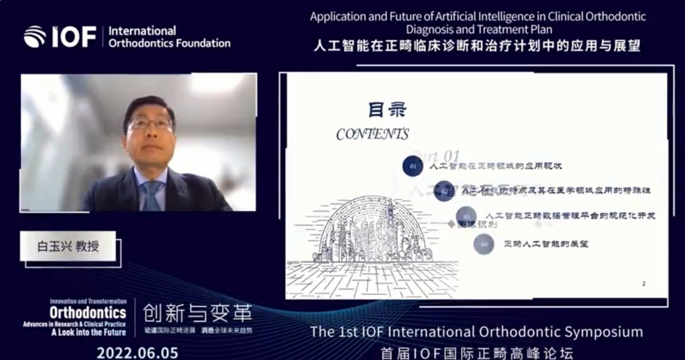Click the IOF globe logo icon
(35, 37)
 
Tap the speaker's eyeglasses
(150, 124)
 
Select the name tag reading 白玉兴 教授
(68, 247)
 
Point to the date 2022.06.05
(138, 352)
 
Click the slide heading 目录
(387, 110)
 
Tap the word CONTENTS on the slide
(372, 134)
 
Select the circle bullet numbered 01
(414, 166)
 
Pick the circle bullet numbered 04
(484, 243)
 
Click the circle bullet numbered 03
(466, 215)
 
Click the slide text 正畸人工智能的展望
(545, 243)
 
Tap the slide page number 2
(643, 283)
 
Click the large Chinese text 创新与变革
(197, 312)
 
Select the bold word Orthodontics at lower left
(88, 312)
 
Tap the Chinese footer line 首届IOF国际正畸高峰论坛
(476, 352)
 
